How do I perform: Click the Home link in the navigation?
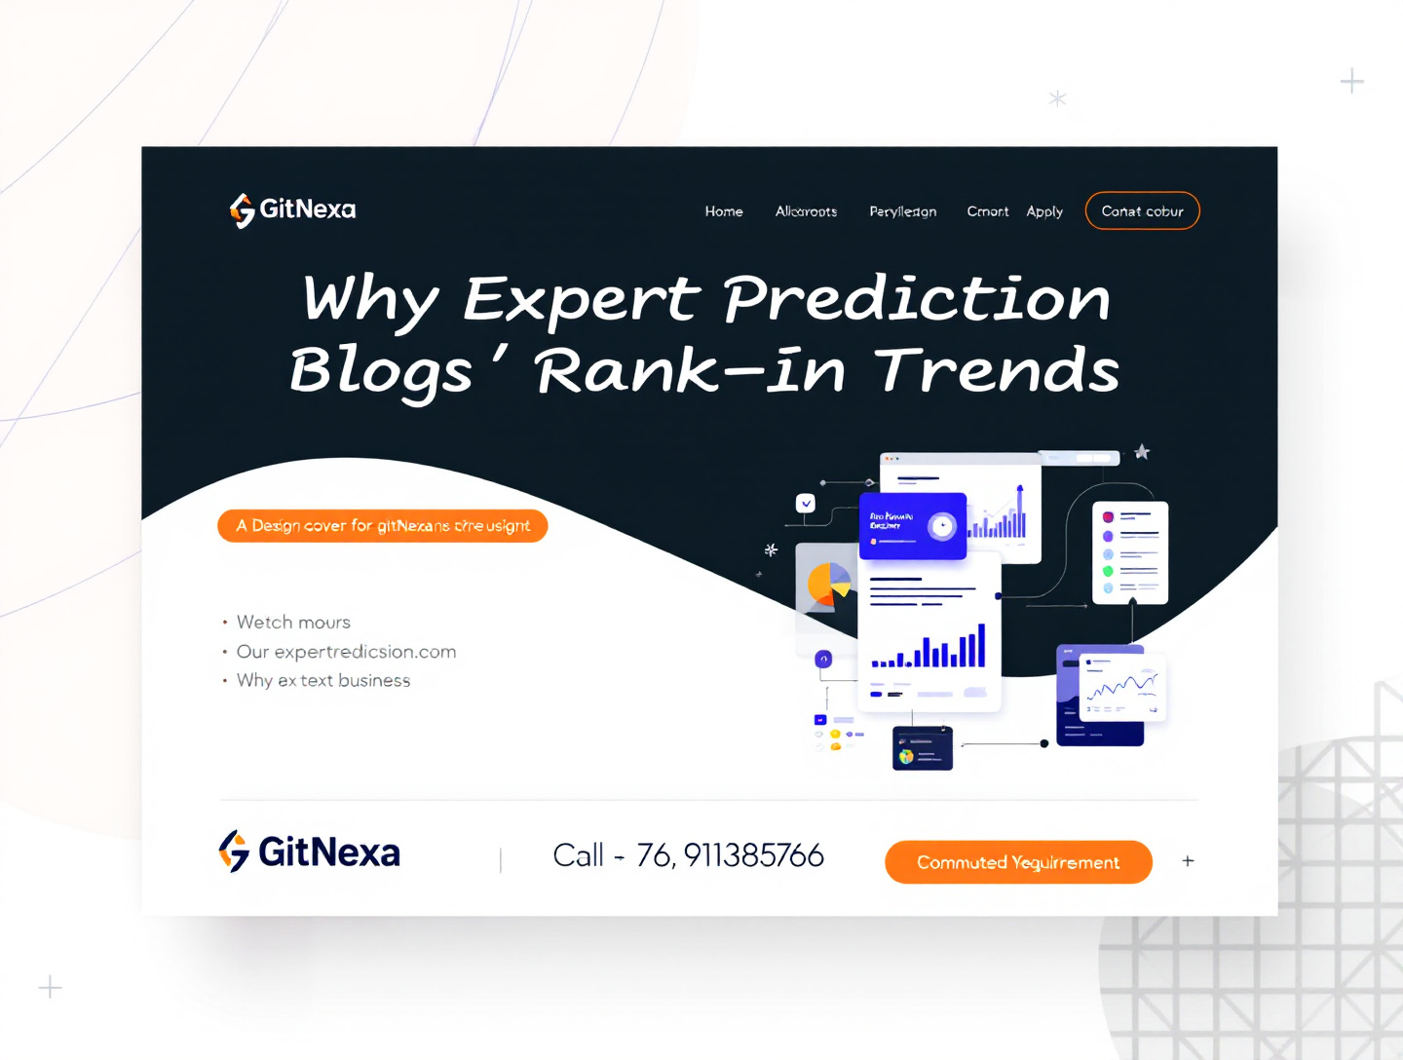tap(724, 211)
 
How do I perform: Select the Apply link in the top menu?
tap(1044, 211)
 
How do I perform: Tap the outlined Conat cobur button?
tap(1142, 211)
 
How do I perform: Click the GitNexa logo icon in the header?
tap(242, 209)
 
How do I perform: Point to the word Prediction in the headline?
tap(916, 298)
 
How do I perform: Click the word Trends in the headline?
tap(997, 371)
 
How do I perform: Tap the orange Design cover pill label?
tap(383, 526)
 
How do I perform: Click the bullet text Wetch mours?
tap(293, 623)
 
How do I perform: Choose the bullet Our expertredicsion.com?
tap(346, 652)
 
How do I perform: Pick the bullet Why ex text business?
tap(323, 681)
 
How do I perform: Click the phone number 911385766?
tap(753, 855)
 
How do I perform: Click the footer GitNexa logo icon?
tap(234, 852)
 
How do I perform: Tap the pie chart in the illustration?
tap(828, 585)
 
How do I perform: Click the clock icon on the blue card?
tap(941, 526)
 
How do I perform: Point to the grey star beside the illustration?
tap(1142, 452)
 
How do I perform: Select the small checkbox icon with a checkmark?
tap(806, 504)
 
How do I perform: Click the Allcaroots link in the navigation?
tap(806, 211)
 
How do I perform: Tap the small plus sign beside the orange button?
tap(1188, 861)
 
